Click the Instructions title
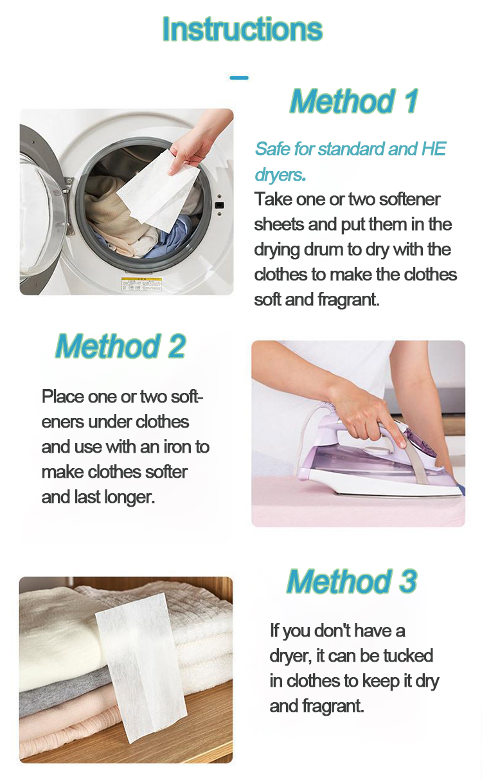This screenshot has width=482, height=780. click(x=242, y=29)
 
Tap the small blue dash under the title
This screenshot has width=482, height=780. click(x=239, y=78)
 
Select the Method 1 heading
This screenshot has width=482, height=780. click(x=354, y=101)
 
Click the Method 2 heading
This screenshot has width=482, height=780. click(x=121, y=346)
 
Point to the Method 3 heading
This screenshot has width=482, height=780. click(x=352, y=581)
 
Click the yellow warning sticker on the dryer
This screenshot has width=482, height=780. click(x=141, y=284)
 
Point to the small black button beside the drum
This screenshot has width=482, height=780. click(x=219, y=204)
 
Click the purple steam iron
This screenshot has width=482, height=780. click(x=379, y=460)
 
